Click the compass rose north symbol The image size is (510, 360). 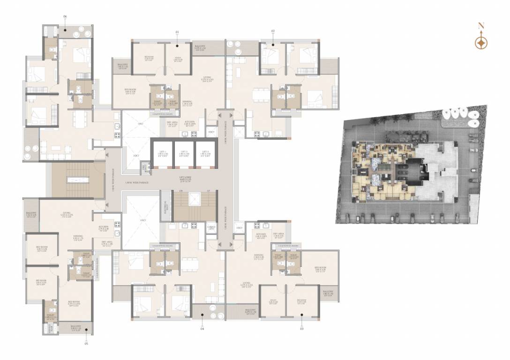481,43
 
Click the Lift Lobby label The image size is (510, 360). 185,178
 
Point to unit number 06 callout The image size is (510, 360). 65,17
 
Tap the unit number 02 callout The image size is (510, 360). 273,31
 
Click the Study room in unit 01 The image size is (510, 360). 178,59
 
